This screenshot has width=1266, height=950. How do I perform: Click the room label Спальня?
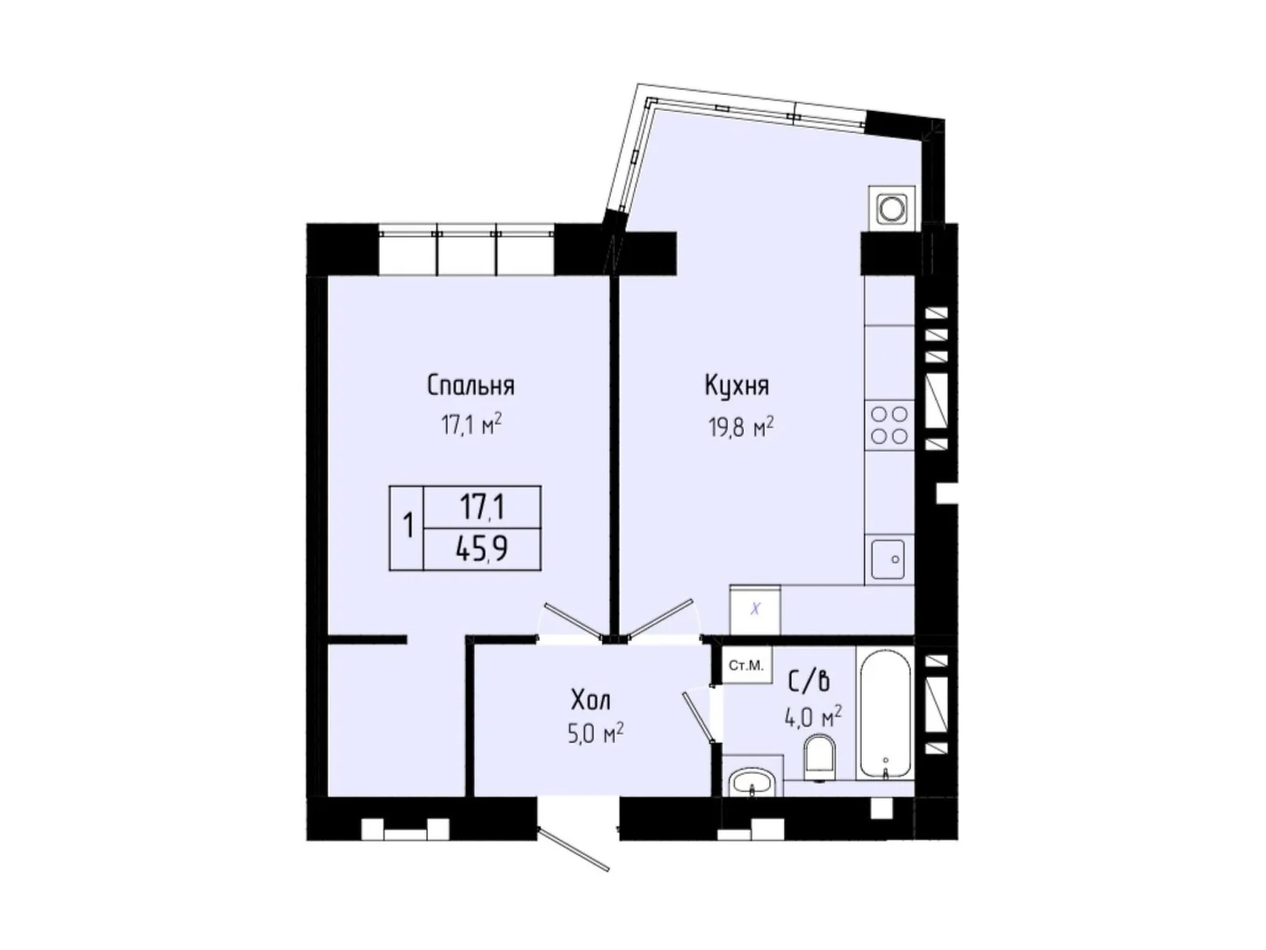point(471,386)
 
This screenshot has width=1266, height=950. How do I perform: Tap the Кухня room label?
point(737,386)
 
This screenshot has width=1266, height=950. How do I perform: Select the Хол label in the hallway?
point(590,700)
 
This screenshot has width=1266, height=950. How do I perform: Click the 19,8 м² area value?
point(740,428)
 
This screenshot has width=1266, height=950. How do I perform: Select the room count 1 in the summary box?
point(407,526)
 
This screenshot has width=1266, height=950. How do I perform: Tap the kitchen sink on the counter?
point(889,559)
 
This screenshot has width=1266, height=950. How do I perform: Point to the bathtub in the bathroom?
point(885,712)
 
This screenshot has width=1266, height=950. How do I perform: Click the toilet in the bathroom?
point(818,756)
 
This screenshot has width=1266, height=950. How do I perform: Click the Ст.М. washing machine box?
point(745,665)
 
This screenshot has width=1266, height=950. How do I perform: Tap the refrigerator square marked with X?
point(756,610)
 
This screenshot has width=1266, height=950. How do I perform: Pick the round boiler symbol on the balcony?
point(892,208)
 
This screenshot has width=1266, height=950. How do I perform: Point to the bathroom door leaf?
point(699,716)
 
